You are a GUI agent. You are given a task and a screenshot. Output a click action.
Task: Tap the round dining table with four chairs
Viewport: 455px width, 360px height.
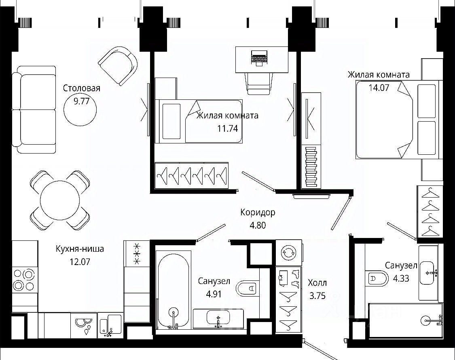pyautogui.click(x=60, y=200)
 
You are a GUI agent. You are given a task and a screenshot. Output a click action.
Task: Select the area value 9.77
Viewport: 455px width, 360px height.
pyautogui.click(x=82, y=101)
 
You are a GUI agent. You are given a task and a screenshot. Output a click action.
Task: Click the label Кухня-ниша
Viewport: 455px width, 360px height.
pyautogui.click(x=80, y=249)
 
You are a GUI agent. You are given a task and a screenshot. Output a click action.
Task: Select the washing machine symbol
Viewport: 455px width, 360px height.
pyautogui.click(x=289, y=252)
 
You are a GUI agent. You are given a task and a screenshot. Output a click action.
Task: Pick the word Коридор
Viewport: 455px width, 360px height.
pyautogui.click(x=258, y=213)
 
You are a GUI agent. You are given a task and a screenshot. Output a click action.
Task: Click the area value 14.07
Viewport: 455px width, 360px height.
pyautogui.click(x=379, y=88)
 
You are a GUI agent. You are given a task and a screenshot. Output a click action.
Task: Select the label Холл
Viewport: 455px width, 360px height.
pyautogui.click(x=317, y=282)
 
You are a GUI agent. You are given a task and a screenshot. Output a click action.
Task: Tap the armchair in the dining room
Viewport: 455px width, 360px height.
pyautogui.click(x=118, y=66)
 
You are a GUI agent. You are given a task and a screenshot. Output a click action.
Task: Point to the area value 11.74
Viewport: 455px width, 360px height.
pyautogui.click(x=228, y=128)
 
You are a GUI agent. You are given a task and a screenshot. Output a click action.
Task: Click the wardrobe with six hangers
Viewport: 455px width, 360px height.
pyautogui.click(x=192, y=175)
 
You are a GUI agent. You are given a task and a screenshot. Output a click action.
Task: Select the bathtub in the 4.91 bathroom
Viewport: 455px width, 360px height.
pyautogui.click(x=173, y=290)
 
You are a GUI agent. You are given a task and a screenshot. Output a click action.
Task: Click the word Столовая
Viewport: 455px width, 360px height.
pyautogui.click(x=82, y=88)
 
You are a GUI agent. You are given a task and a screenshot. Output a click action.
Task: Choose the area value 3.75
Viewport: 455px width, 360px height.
pyautogui.click(x=317, y=296)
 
